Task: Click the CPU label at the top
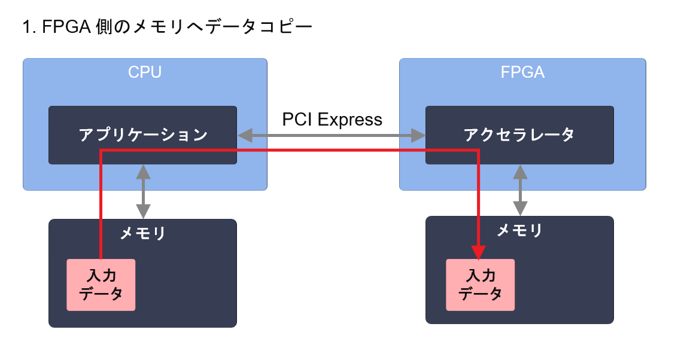[145, 72]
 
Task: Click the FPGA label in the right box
[522, 72]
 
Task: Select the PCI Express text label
[332, 120]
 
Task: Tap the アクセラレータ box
[519, 135]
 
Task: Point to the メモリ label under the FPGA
[519, 230]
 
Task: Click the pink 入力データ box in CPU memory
[101, 285]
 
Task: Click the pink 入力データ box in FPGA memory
[480, 285]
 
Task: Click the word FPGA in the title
[66, 28]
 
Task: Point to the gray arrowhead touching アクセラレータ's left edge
[419, 136]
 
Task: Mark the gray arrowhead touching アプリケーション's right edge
[244, 136]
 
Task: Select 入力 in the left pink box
[101, 276]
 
